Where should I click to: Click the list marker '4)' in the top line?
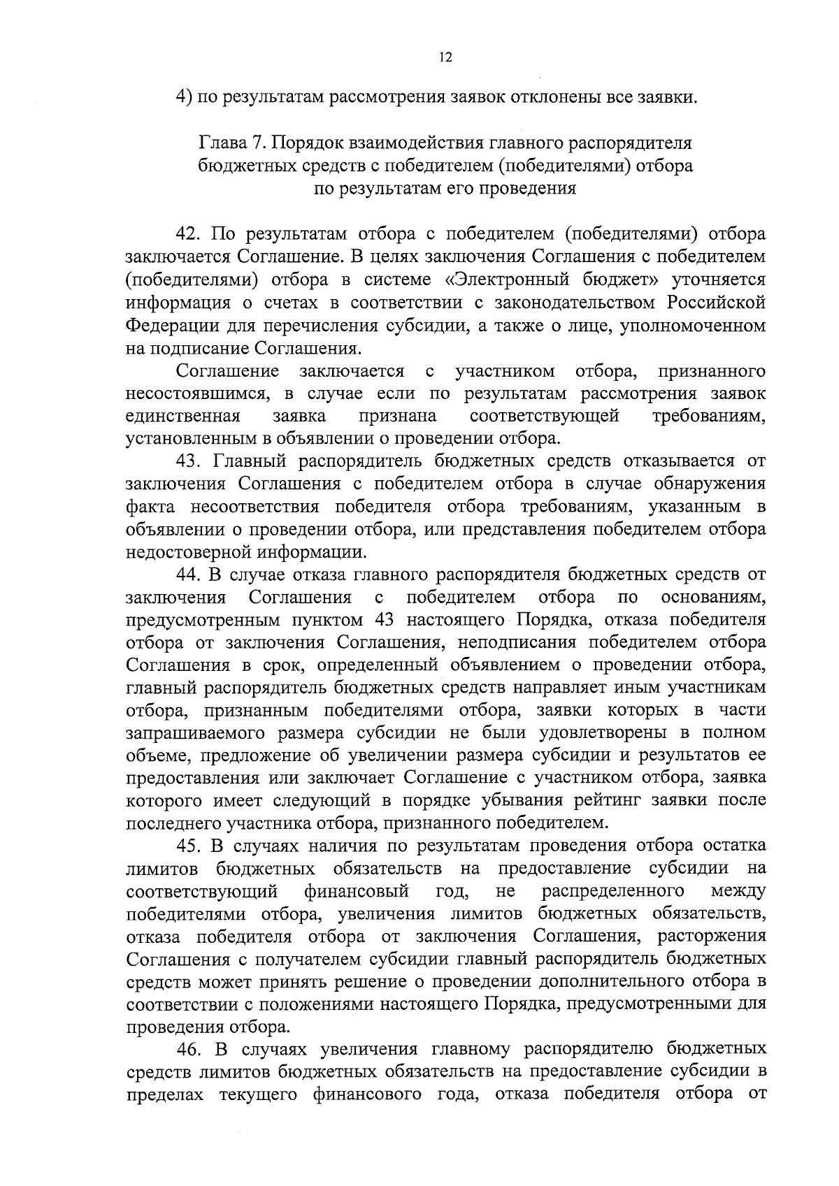point(184,97)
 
